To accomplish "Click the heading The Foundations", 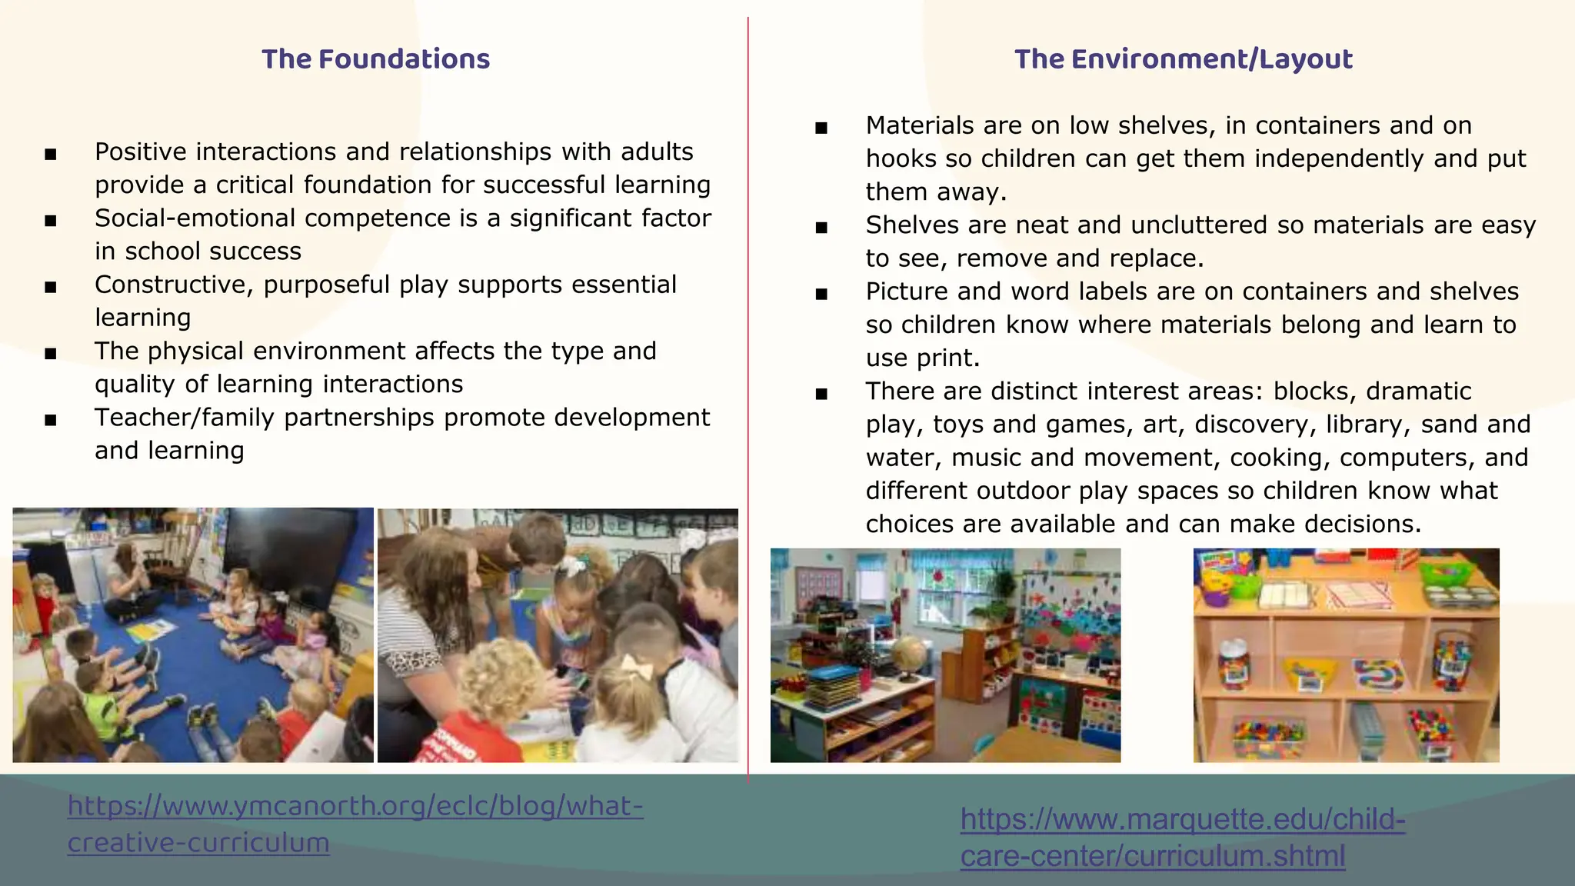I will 375,59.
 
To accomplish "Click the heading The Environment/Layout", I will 1183,59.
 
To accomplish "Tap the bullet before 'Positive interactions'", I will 51,155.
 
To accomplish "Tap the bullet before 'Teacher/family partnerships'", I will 51,420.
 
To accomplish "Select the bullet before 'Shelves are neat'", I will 821,228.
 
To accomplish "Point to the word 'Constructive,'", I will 175,285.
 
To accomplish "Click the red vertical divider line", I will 748,385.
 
